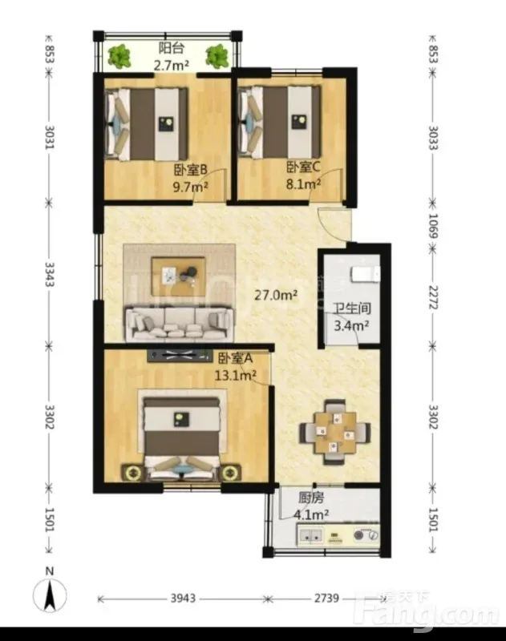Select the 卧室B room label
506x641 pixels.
[x=191, y=169]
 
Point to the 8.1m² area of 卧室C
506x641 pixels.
[x=303, y=184]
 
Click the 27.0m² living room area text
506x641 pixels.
[x=276, y=294]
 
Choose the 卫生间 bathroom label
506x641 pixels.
[x=351, y=308]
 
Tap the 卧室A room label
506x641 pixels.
[x=235, y=358]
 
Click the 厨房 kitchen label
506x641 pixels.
[x=311, y=498]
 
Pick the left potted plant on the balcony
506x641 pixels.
[x=119, y=56]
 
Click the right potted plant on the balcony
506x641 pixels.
[x=217, y=56]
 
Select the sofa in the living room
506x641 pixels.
[x=180, y=324]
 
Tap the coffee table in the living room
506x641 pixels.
[x=178, y=276]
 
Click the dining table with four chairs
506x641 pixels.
[x=335, y=433]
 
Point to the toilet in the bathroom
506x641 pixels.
[x=366, y=273]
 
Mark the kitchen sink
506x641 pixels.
[x=311, y=535]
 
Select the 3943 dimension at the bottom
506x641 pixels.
[x=183, y=599]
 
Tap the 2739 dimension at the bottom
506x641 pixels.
[x=326, y=599]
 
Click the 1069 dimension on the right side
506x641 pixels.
[x=433, y=225]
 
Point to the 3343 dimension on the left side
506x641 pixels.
[x=50, y=274]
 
